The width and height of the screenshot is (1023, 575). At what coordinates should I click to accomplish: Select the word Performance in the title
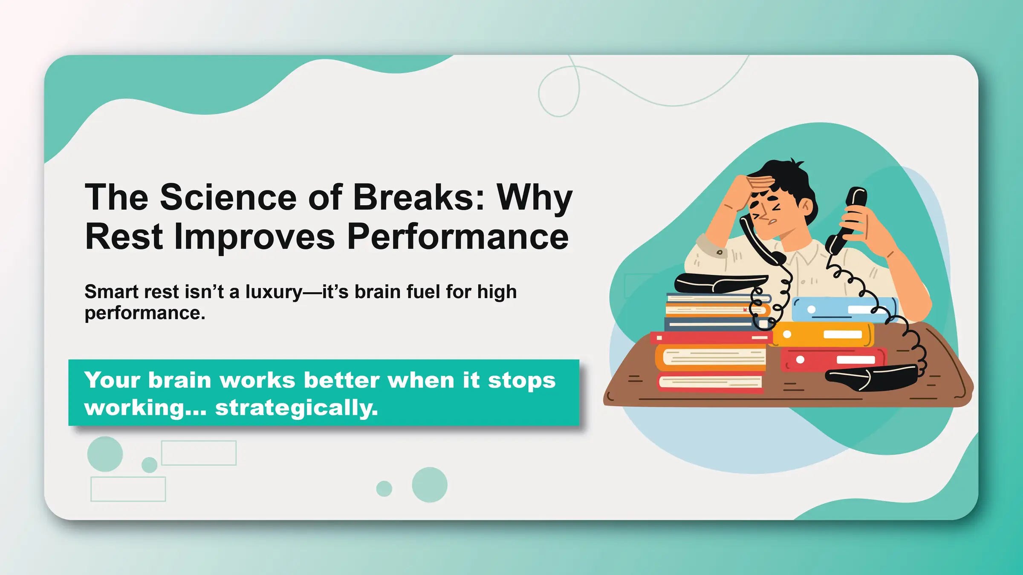pos(458,237)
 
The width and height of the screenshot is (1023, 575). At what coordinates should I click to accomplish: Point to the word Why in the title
pos(535,198)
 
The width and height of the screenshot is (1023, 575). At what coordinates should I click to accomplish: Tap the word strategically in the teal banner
pos(296,408)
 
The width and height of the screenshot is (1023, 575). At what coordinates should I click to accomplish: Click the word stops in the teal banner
pos(522,380)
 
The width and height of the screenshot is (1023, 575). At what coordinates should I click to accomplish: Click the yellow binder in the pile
pos(823,334)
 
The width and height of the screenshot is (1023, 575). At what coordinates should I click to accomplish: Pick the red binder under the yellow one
pos(831,359)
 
